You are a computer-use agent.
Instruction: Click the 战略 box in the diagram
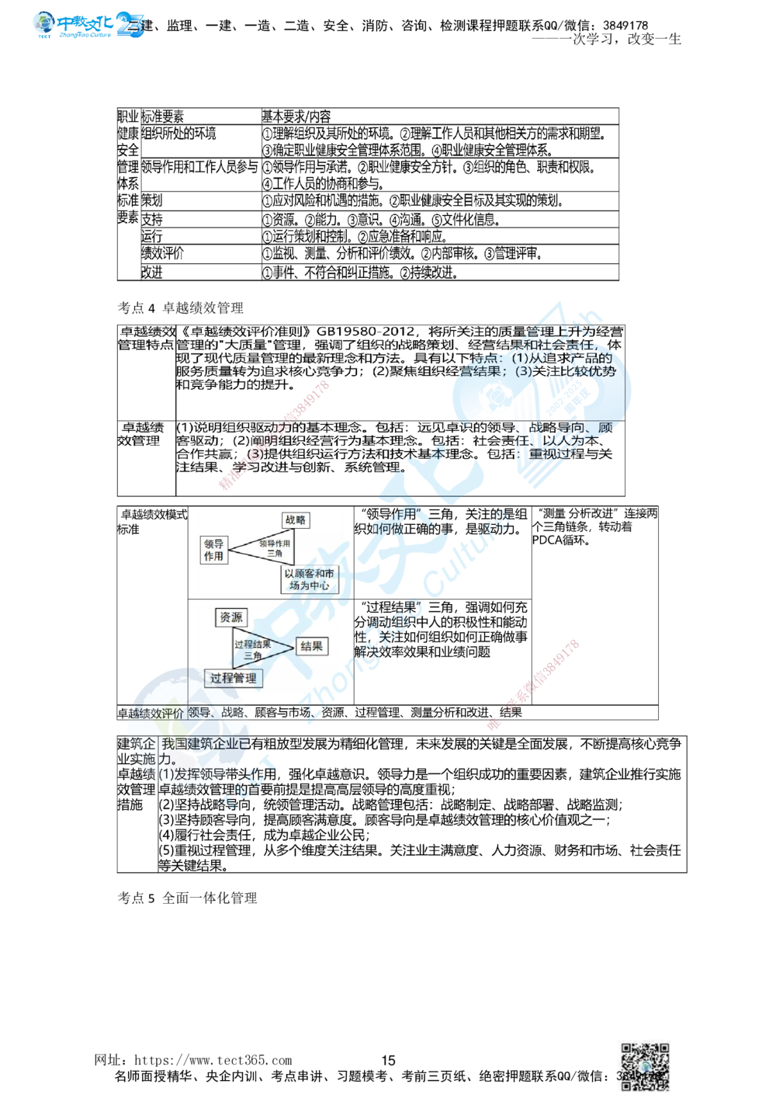[296, 520]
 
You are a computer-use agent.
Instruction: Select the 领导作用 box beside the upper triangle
[213, 550]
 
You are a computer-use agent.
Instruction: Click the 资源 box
[230, 618]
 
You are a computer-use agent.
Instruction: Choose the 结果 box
[311, 646]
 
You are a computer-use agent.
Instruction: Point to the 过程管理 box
[234, 678]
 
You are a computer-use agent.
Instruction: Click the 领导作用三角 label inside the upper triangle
[275, 548]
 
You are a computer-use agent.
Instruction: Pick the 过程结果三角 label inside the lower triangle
[253, 649]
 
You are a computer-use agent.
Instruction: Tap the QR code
[645, 1065]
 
